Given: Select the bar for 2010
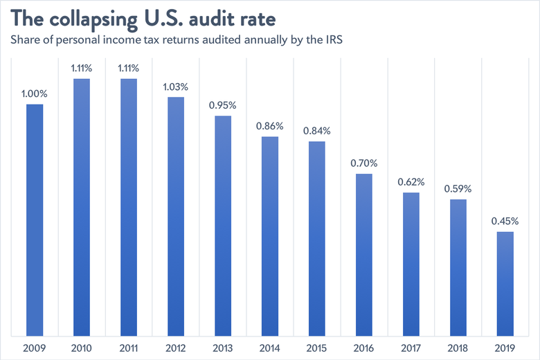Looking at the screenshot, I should click(x=82, y=208).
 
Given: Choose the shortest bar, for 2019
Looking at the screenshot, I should click(x=505, y=284).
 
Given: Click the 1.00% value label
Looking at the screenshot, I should click(x=35, y=93).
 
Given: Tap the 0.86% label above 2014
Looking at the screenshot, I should click(x=270, y=126).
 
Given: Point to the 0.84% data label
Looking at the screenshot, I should click(x=317, y=131).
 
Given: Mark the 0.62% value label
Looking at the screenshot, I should click(x=411, y=182).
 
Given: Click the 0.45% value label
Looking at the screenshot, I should click(x=505, y=221).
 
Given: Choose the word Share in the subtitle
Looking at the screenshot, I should click(x=24, y=40).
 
